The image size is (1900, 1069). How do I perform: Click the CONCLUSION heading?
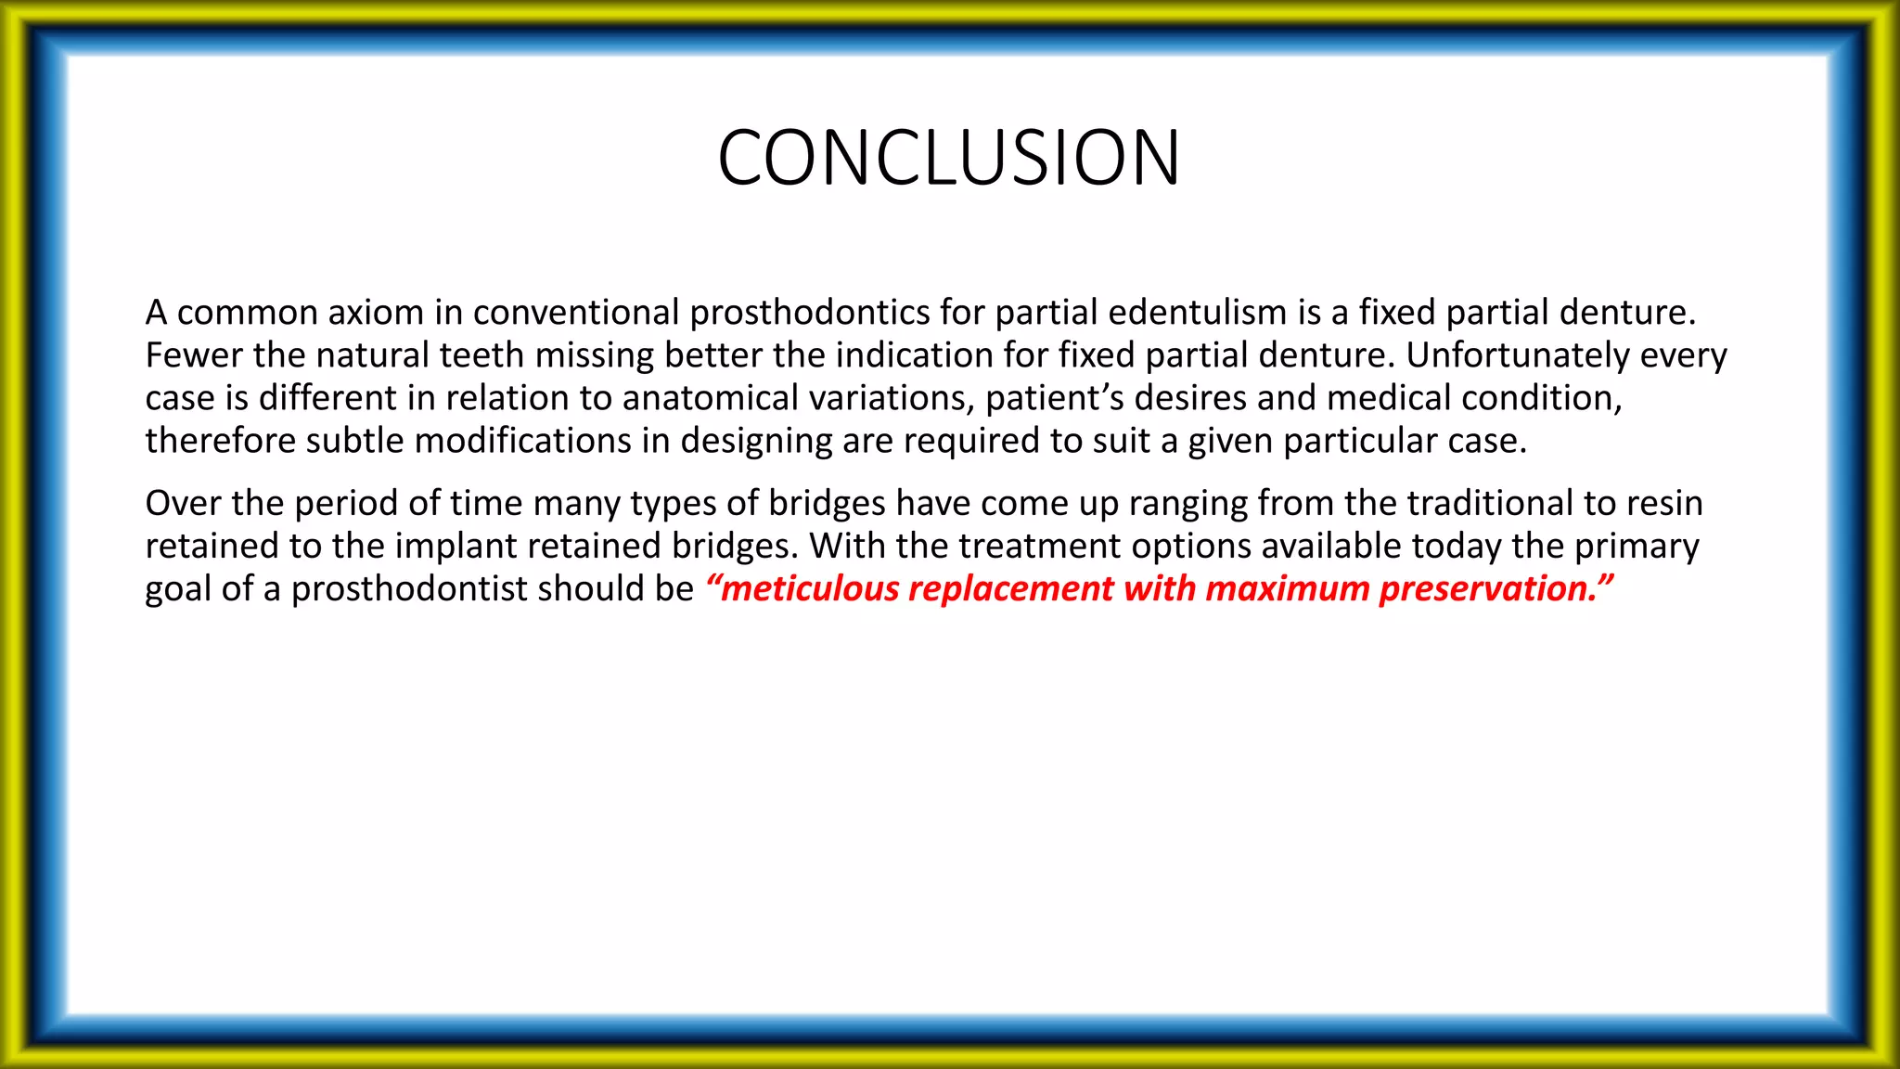[x=948, y=158]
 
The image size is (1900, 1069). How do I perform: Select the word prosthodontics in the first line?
[x=810, y=313]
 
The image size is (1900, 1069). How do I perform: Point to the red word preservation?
[x=1486, y=589]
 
